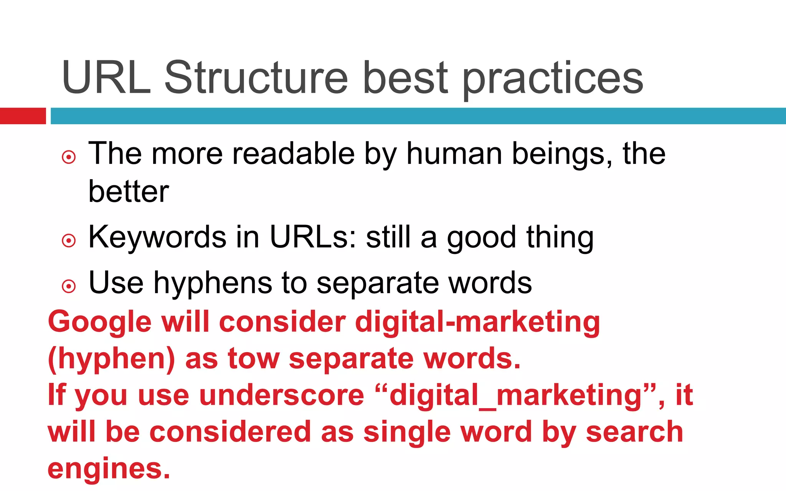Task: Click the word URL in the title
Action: [x=106, y=78]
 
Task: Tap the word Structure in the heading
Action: [x=256, y=78]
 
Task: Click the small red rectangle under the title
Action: [x=23, y=116]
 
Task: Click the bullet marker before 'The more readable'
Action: [x=69, y=157]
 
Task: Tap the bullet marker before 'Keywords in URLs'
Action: [x=69, y=241]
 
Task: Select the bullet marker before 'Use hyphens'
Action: [x=69, y=286]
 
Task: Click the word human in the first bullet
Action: [x=454, y=153]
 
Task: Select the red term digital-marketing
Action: [x=477, y=322]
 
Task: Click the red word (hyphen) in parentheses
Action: [x=111, y=359]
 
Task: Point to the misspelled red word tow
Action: [x=253, y=358]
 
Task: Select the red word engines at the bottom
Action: [x=109, y=469]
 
